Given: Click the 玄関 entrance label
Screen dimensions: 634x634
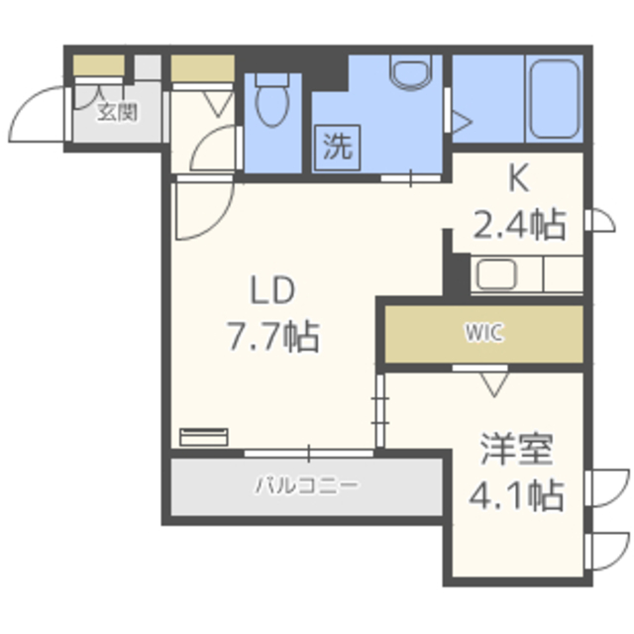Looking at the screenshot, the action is coord(118,112).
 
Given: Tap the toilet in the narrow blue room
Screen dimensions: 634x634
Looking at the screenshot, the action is coord(272,99).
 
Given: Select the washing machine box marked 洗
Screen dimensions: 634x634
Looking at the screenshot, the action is coord(337,148).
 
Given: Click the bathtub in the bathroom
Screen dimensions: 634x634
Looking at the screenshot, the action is coord(555,99).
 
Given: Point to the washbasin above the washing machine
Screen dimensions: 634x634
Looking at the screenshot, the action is coord(410,72).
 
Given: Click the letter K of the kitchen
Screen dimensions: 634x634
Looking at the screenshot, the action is coord(519,180).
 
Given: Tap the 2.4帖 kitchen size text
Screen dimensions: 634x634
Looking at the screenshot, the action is coord(519,225).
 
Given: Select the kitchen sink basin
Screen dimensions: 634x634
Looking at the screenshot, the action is coord(497,274).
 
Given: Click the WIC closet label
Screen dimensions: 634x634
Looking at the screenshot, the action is coord(484,333).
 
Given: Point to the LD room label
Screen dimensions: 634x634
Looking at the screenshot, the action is coord(273,290).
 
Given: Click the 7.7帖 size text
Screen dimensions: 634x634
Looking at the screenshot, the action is coord(273,337).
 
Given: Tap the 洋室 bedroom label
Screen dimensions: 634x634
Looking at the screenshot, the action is coord(517,449).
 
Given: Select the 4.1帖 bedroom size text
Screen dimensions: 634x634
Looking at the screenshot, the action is coord(517,495).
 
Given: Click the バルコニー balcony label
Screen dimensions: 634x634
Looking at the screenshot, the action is coord(306,485).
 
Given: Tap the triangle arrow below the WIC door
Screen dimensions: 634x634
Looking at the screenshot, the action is coord(494,384).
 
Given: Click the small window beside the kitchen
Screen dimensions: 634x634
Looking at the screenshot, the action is coord(600,221).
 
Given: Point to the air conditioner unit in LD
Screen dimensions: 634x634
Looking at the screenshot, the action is coord(204,437).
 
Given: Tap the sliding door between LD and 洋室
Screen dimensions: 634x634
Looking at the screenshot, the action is coord(380,410).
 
